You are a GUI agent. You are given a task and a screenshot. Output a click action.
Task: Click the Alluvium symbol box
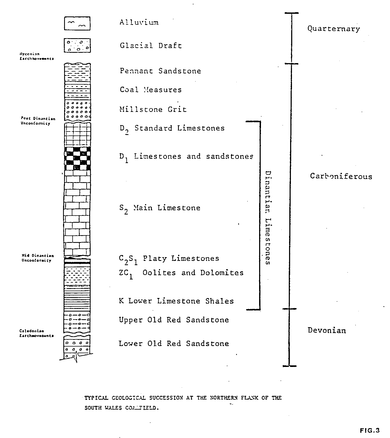pyautogui.click(x=77, y=23)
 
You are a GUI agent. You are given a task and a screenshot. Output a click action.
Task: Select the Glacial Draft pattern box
pyautogui.click(x=77, y=45)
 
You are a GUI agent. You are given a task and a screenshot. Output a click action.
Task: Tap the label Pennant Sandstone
pyautogui.click(x=160, y=71)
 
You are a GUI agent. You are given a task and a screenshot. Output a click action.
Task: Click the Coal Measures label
pyautogui.click(x=150, y=90)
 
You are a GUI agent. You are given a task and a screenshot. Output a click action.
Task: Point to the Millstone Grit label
pyautogui.click(x=153, y=109)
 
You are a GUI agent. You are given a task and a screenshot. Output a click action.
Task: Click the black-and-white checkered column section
pyautogui.click(x=77, y=159)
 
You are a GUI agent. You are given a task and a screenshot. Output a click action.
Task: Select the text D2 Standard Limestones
pyautogui.click(x=172, y=129)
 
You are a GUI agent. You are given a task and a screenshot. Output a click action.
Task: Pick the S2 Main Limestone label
pyautogui.click(x=159, y=208)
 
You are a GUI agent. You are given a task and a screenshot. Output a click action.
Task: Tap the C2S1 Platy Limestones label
pyautogui.click(x=169, y=259)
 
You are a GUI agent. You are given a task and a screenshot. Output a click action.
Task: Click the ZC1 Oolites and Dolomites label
pyautogui.click(x=181, y=273)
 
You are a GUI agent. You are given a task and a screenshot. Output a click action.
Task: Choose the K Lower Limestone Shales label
pyautogui.click(x=176, y=301)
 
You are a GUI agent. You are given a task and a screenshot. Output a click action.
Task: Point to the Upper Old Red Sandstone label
pyautogui.click(x=174, y=320)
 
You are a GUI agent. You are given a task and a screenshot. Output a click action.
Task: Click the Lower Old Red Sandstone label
pyautogui.click(x=174, y=344)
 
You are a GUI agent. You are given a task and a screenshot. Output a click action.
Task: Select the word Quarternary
pyautogui.click(x=334, y=29)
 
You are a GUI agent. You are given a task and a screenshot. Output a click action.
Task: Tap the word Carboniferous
pyautogui.click(x=341, y=176)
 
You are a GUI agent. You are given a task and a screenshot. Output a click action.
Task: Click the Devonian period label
pyautogui.click(x=327, y=330)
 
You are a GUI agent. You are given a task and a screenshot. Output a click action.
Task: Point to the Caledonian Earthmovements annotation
pyautogui.click(x=37, y=333)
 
